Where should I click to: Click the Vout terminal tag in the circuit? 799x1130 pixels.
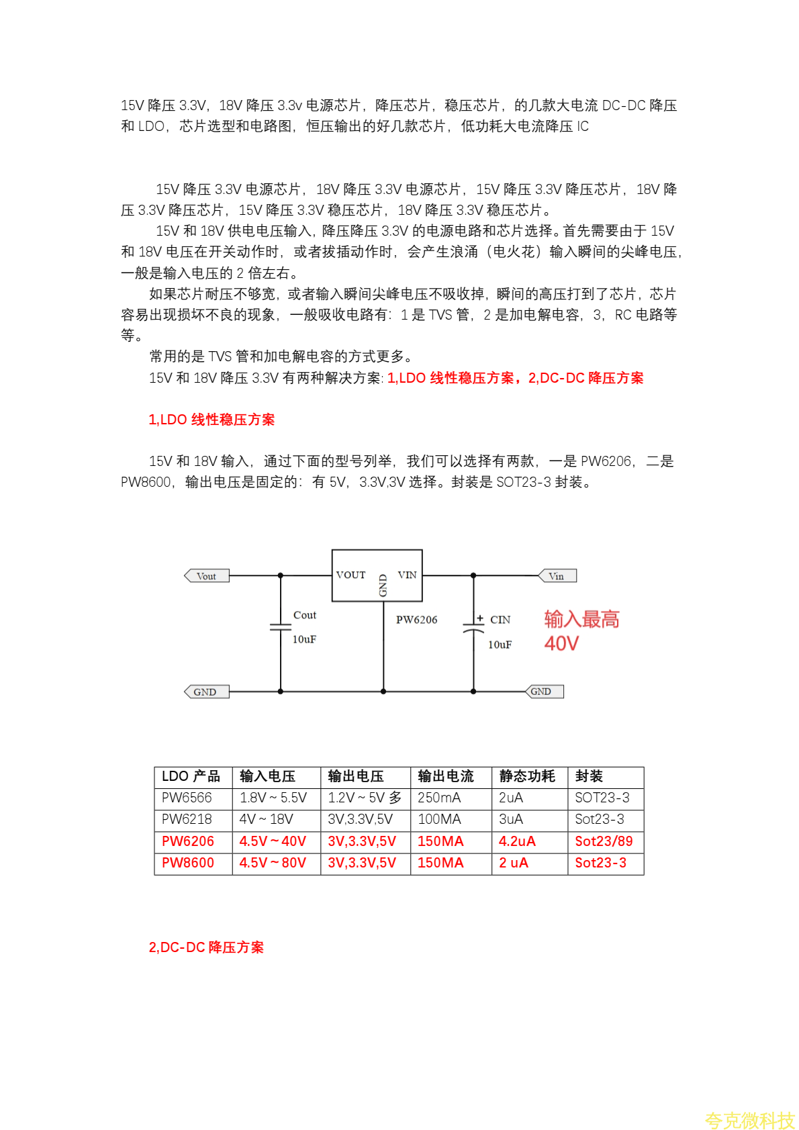coord(207,576)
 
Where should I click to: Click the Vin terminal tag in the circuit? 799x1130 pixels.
coord(557,576)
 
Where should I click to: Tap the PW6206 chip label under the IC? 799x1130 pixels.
coord(416,620)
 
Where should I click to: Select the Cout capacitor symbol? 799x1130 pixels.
coord(280,627)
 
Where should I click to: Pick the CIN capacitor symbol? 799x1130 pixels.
coord(473,628)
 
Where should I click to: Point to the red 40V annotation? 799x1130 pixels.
coord(561,644)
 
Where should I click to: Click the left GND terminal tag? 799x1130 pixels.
coord(206,692)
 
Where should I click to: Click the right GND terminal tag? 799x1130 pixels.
coord(544,692)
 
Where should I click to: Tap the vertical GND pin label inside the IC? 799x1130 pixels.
coord(383,585)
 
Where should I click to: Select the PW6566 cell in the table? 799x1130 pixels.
coord(187,798)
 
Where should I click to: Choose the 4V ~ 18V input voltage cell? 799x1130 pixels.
coord(266,819)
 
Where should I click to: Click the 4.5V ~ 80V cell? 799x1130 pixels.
coord(273,863)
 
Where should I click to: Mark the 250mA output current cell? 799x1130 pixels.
coord(439,798)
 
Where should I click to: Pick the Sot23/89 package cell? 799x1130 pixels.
coord(604,841)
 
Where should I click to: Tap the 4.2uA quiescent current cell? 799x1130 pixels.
coord(517,841)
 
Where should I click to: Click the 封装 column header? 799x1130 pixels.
coord(589,776)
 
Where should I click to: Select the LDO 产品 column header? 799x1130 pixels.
coord(191,776)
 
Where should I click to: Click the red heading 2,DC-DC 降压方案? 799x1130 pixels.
coord(206,947)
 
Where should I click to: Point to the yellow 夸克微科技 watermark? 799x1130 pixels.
coord(749,1120)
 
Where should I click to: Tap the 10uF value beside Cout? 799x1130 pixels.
coord(304,639)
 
